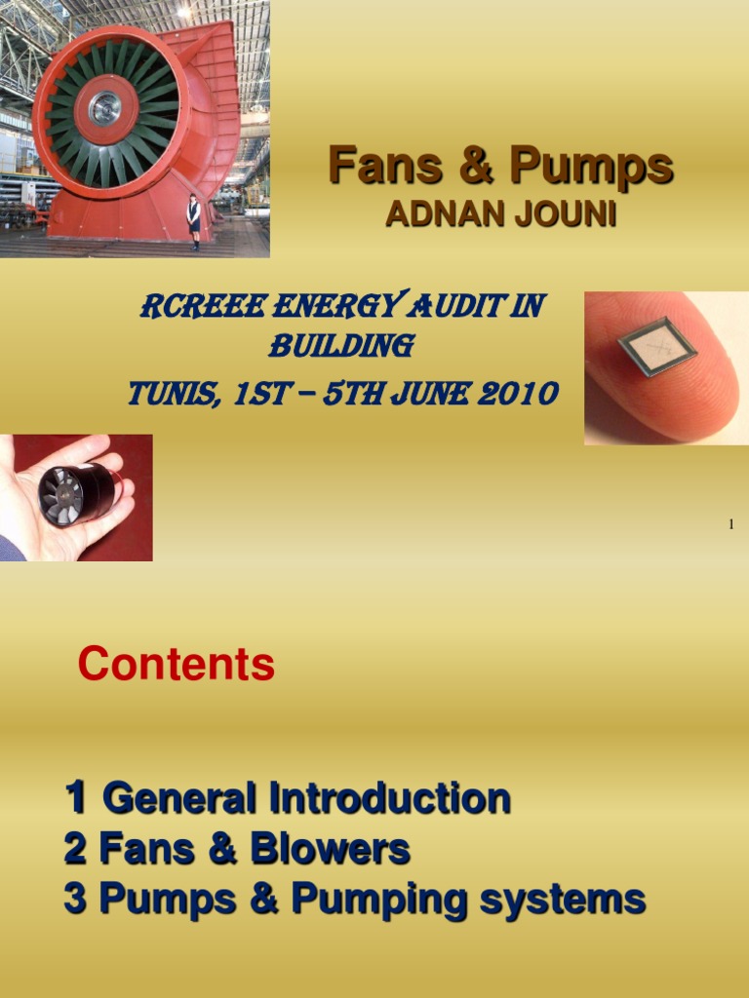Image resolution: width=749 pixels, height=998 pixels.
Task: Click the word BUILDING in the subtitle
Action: point(340,345)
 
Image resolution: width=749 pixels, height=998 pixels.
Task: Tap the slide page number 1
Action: point(730,525)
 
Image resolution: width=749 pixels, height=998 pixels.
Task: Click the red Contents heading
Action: point(176,665)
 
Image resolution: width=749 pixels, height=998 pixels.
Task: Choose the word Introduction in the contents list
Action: point(390,799)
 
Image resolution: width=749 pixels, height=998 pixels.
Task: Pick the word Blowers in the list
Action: point(330,849)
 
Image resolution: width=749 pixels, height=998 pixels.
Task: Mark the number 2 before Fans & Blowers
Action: point(75,849)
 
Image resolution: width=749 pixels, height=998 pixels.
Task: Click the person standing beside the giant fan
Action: point(194,221)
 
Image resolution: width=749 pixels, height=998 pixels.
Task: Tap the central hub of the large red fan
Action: point(104,107)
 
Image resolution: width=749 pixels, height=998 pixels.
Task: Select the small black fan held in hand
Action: point(75,494)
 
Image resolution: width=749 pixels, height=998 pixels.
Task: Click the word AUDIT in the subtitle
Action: point(460,307)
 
